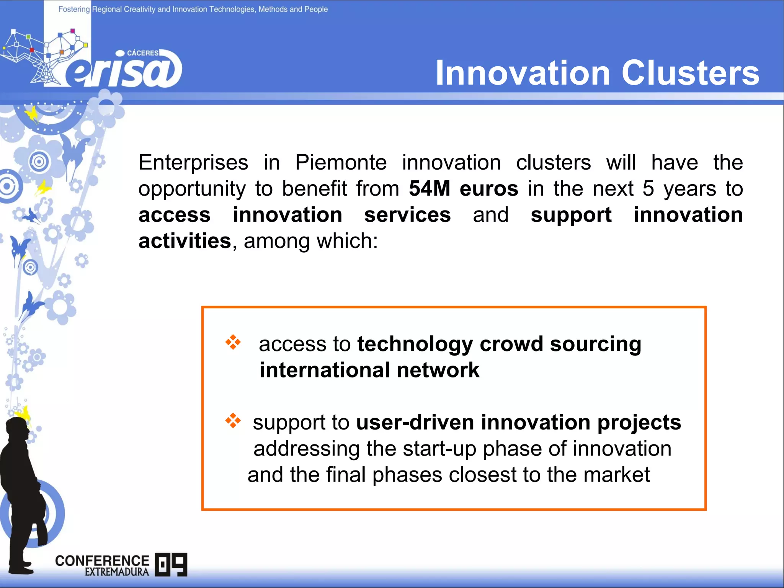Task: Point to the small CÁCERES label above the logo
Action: tap(142, 53)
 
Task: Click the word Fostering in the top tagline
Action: tap(74, 9)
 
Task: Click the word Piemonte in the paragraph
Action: tap(341, 162)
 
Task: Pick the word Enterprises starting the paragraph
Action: tap(193, 162)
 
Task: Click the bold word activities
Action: tap(185, 241)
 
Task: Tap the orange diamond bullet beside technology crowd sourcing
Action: tap(233, 342)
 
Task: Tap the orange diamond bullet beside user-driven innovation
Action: tap(233, 421)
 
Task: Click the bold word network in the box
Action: tap(438, 370)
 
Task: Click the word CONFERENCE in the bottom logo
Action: tap(102, 560)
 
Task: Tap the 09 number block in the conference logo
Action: tap(171, 565)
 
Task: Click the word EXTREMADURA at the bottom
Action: tap(117, 572)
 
